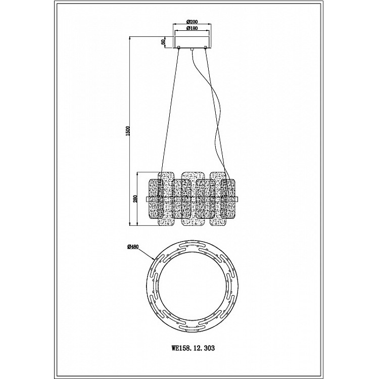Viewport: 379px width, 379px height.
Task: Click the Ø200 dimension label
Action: [x=192, y=22]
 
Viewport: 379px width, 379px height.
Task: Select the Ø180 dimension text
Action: [x=192, y=28]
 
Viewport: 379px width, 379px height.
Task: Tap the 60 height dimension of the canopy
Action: [x=163, y=41]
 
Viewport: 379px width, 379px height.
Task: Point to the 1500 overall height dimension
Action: [x=128, y=131]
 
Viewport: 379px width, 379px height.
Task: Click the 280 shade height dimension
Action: [x=135, y=199]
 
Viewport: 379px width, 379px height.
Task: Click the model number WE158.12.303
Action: [x=193, y=348]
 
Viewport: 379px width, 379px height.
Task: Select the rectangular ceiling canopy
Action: [x=192, y=42]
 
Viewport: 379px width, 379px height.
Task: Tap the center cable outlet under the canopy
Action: [x=192, y=49]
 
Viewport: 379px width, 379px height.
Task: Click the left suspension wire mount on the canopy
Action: [x=179, y=47]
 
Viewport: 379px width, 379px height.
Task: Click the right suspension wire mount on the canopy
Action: [x=206, y=47]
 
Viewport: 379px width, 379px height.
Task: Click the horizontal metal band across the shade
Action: [x=192, y=199]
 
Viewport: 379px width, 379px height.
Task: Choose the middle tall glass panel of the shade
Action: [x=193, y=199]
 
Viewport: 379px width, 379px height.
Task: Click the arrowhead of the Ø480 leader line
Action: [x=154, y=259]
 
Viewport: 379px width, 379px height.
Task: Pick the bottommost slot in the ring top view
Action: [x=193, y=329]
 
